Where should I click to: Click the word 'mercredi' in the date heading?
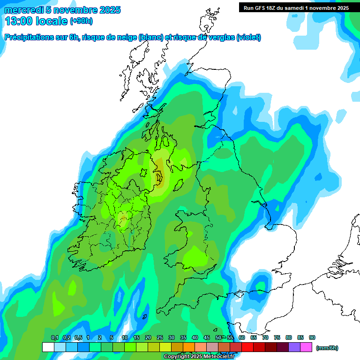click(x=23, y=10)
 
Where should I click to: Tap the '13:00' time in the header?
click(x=18, y=21)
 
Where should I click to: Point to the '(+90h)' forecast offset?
click(x=81, y=21)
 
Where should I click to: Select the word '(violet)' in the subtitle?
click(x=249, y=37)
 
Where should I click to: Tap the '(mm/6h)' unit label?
click(x=327, y=348)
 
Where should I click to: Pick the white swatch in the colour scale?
click(x=48, y=347)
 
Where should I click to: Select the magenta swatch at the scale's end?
click(x=307, y=347)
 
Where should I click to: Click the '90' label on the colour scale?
click(x=312, y=337)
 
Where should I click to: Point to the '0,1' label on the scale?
click(x=54, y=337)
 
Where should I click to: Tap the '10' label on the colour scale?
click(x=125, y=337)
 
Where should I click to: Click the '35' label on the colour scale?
click(x=183, y=337)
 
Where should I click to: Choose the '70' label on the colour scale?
click(x=265, y=337)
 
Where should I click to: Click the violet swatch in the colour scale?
click(x=295, y=347)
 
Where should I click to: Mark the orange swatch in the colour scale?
click(x=189, y=347)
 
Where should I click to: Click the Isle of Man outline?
click(x=178, y=186)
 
